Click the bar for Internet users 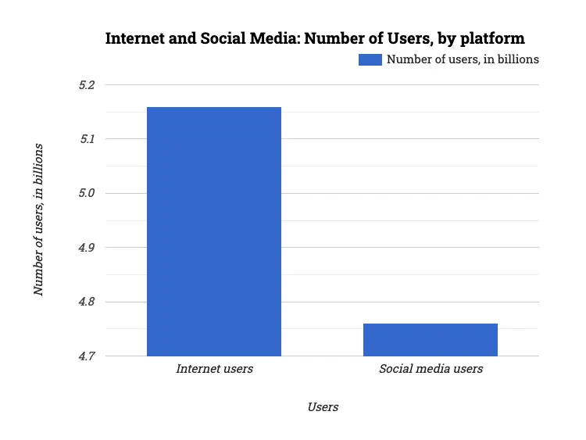click(x=214, y=231)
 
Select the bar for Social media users click(x=431, y=339)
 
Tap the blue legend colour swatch click(x=370, y=59)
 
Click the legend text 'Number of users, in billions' click(x=463, y=59)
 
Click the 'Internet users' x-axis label click(x=214, y=369)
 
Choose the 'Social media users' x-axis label click(x=431, y=369)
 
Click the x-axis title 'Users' click(x=323, y=407)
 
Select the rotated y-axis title click(x=38, y=220)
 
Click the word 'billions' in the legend click(x=518, y=59)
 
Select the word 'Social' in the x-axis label click(x=396, y=369)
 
